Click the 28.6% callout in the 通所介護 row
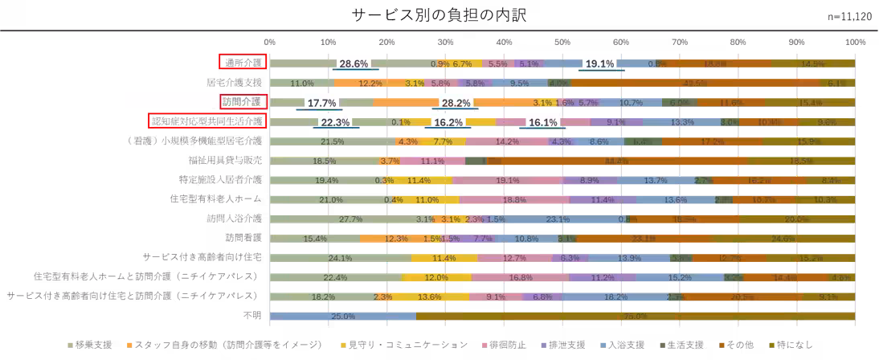pyautogui.click(x=354, y=63)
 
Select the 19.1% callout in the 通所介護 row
pyautogui.click(x=599, y=63)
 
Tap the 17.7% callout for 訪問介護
pyautogui.click(x=321, y=103)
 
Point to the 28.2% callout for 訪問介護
pyautogui.click(x=456, y=103)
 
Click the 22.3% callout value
pyautogui.click(x=334, y=122)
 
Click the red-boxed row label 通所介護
pyautogui.click(x=243, y=63)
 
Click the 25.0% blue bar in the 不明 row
pyautogui.click(x=343, y=316)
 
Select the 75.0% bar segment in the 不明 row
pyautogui.click(x=635, y=316)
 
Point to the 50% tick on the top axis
pyautogui.click(x=562, y=40)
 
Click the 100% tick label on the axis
pyautogui.click(x=854, y=40)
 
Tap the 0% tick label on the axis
pyautogui.click(x=270, y=40)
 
